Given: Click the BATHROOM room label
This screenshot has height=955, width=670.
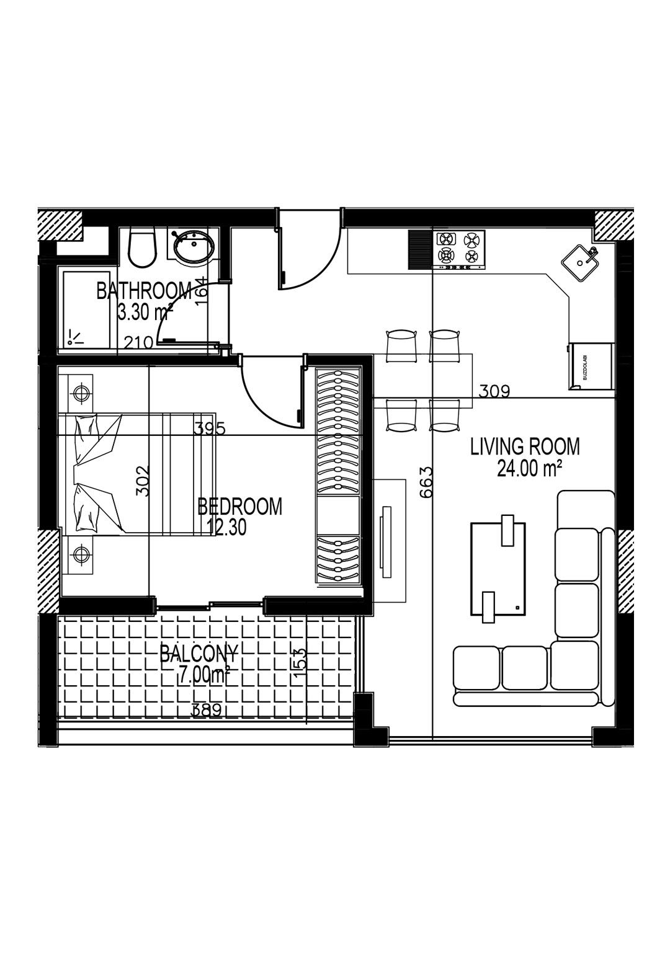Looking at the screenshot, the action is (144, 291).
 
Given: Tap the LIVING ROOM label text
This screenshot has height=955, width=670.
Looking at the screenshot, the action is (525, 447).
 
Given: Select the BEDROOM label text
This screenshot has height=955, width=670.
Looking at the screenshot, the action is (239, 507).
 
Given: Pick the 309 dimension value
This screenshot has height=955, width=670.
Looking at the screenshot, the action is (494, 391).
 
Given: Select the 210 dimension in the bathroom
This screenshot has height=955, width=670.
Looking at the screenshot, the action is (138, 342).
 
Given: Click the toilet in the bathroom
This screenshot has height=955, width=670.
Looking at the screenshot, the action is (143, 249).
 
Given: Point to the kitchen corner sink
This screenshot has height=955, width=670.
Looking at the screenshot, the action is (581, 262).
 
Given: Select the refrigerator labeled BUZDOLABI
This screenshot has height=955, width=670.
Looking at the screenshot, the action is (590, 366).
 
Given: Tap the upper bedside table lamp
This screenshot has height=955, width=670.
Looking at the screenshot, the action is (80, 393).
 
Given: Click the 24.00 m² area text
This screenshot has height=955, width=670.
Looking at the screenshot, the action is (529, 469).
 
